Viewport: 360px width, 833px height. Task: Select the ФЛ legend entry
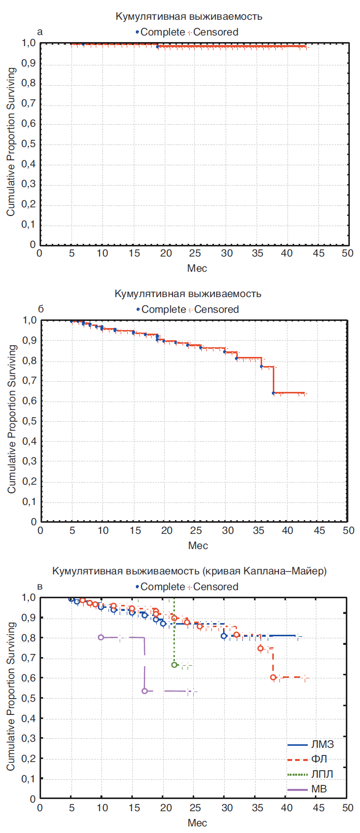tap(311, 759)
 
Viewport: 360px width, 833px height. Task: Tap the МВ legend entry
tap(311, 789)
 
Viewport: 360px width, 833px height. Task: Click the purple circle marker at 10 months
tap(101, 637)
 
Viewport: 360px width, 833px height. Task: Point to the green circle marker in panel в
tap(174, 665)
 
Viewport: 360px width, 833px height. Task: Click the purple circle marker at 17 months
tap(145, 691)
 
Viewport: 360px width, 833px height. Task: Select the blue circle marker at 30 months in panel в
tap(224, 636)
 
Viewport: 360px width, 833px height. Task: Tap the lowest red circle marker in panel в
tap(273, 677)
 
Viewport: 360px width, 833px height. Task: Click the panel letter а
tap(41, 32)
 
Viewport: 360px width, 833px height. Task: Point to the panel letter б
tap(41, 309)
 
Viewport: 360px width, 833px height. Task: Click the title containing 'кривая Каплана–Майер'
tap(189, 571)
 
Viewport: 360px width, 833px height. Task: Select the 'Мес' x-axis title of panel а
tap(197, 268)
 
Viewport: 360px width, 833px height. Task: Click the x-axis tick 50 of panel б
tap(348, 530)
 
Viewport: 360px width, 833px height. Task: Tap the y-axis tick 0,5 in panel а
tap(29, 144)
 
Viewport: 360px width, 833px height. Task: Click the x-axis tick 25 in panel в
tap(195, 807)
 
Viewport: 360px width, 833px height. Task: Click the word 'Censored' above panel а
tap(215, 32)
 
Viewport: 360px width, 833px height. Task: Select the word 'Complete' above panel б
tap(163, 309)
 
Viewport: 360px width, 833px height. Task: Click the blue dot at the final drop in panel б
tap(273, 393)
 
